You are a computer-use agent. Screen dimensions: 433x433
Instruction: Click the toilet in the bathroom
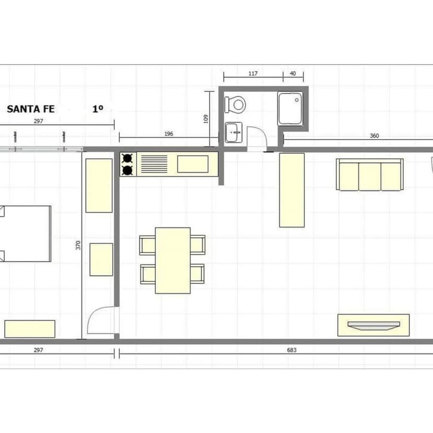pos(235,105)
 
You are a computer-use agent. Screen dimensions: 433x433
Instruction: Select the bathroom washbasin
pos(234,132)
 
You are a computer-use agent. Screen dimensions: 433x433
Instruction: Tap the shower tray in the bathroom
pos(290,109)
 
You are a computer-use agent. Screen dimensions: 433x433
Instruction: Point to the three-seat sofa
pos(370,175)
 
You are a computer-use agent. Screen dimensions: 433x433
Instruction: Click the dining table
pos(173,260)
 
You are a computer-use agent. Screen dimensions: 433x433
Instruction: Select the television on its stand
pos(373,325)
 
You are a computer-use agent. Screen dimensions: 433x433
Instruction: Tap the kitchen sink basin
pos(193,164)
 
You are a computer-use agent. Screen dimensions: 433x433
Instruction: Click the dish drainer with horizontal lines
pos(154,164)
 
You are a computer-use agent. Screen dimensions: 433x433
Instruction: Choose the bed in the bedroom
pos(26,234)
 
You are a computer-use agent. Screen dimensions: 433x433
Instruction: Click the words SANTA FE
pos(31,109)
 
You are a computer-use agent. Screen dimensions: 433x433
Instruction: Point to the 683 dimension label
pos(292,350)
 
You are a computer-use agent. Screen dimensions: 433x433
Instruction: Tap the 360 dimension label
pos(374,135)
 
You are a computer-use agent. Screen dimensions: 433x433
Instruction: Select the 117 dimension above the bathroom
pos(253,73)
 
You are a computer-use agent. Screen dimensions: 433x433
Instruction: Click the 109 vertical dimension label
pos(206,119)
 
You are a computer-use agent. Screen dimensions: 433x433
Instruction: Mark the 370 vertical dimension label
pos(78,245)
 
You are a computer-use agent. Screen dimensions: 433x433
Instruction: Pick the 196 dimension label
pos(169,134)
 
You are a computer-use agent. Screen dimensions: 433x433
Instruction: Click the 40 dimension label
pos(293,73)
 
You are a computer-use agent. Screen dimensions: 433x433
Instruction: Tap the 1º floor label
pos(98,109)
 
